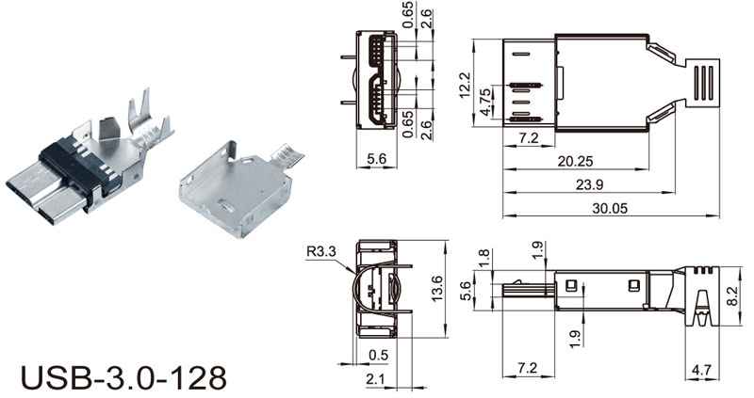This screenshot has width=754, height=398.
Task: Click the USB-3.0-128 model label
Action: click(x=123, y=377)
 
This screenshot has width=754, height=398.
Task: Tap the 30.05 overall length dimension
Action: click(x=610, y=208)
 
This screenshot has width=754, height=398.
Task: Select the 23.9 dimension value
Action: click(x=589, y=184)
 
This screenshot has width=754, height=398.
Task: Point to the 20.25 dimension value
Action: click(x=575, y=161)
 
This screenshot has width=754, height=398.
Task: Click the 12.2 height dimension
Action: click(x=465, y=85)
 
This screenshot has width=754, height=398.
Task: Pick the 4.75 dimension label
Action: click(x=486, y=102)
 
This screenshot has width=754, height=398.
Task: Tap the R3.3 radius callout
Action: click(x=321, y=251)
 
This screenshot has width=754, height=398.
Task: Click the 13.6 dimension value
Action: click(x=437, y=288)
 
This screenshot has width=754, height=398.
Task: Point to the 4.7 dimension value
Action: click(x=700, y=370)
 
